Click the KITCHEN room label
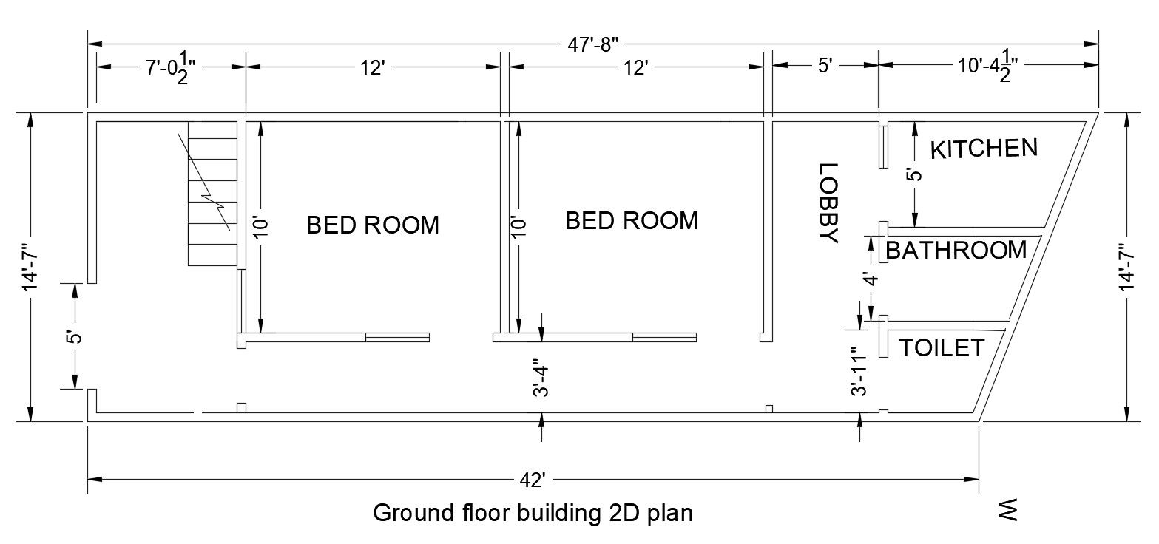983,149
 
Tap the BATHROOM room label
956,251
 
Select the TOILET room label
942,347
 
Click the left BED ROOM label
373,225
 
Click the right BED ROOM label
631,220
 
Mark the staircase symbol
212,193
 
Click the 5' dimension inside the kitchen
915,175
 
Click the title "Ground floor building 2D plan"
533,513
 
